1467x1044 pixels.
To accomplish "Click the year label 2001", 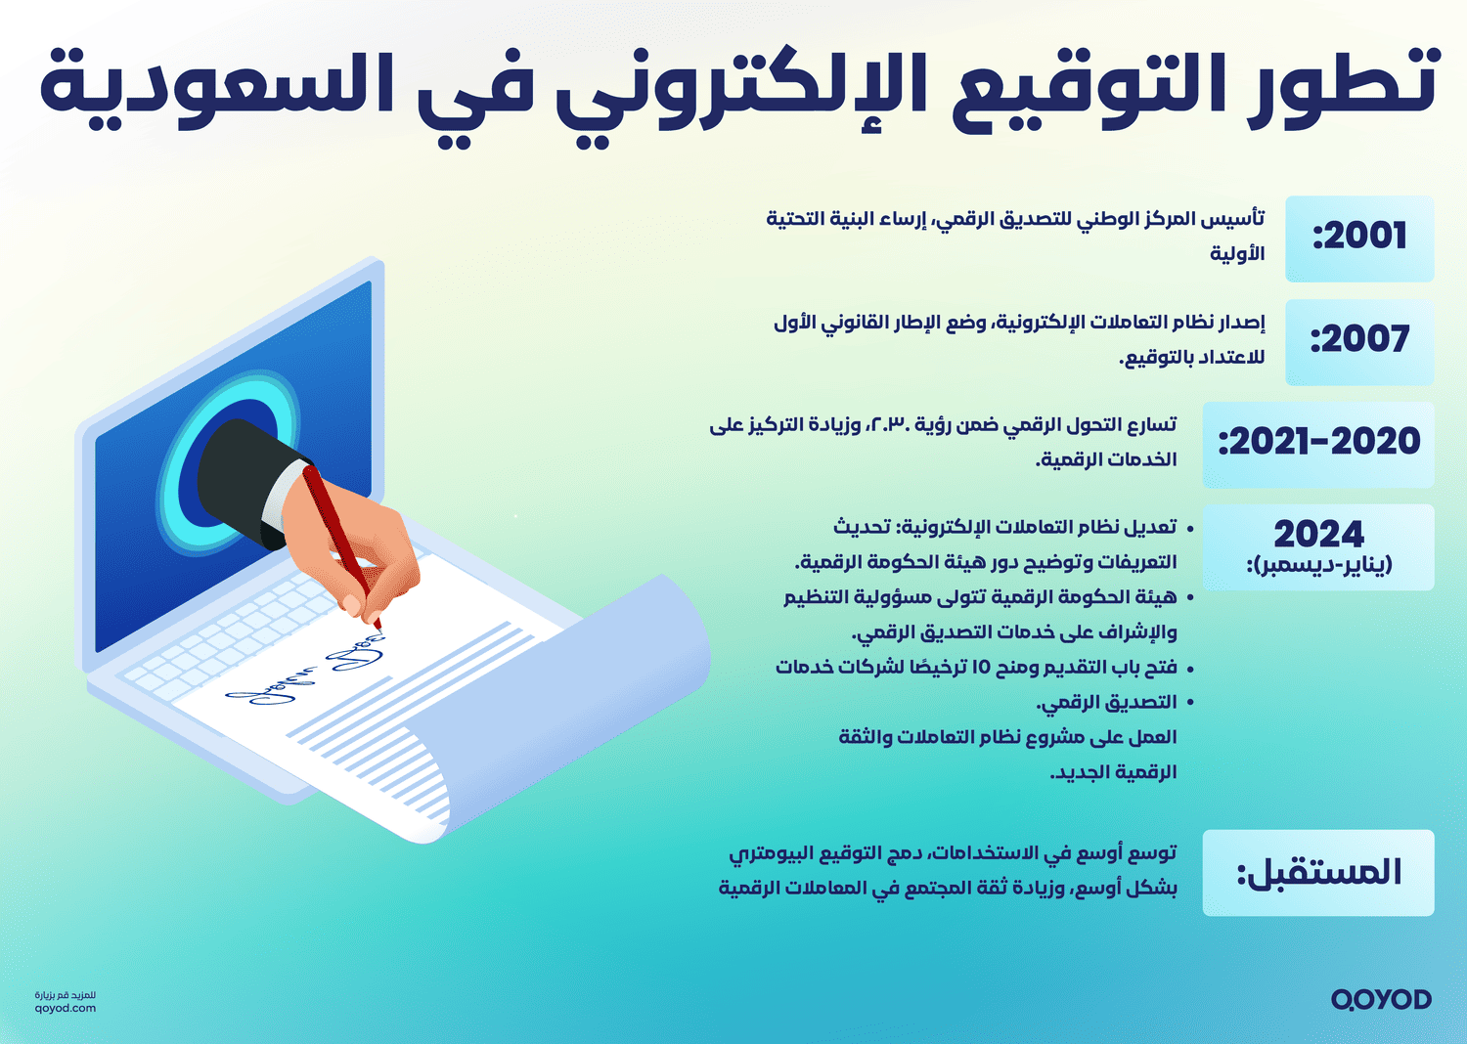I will point(1360,238).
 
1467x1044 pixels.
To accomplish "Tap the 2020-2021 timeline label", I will point(1319,443).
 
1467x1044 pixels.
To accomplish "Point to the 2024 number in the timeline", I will point(1318,534).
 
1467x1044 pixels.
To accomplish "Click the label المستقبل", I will point(1318,873).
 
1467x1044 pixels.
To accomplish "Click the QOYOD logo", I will point(1381,999).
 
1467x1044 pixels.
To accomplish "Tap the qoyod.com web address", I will point(66,1008).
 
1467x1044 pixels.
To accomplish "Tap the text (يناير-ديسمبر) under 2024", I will point(1318,566).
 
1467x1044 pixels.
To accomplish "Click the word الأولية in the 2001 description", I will point(1236,254).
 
